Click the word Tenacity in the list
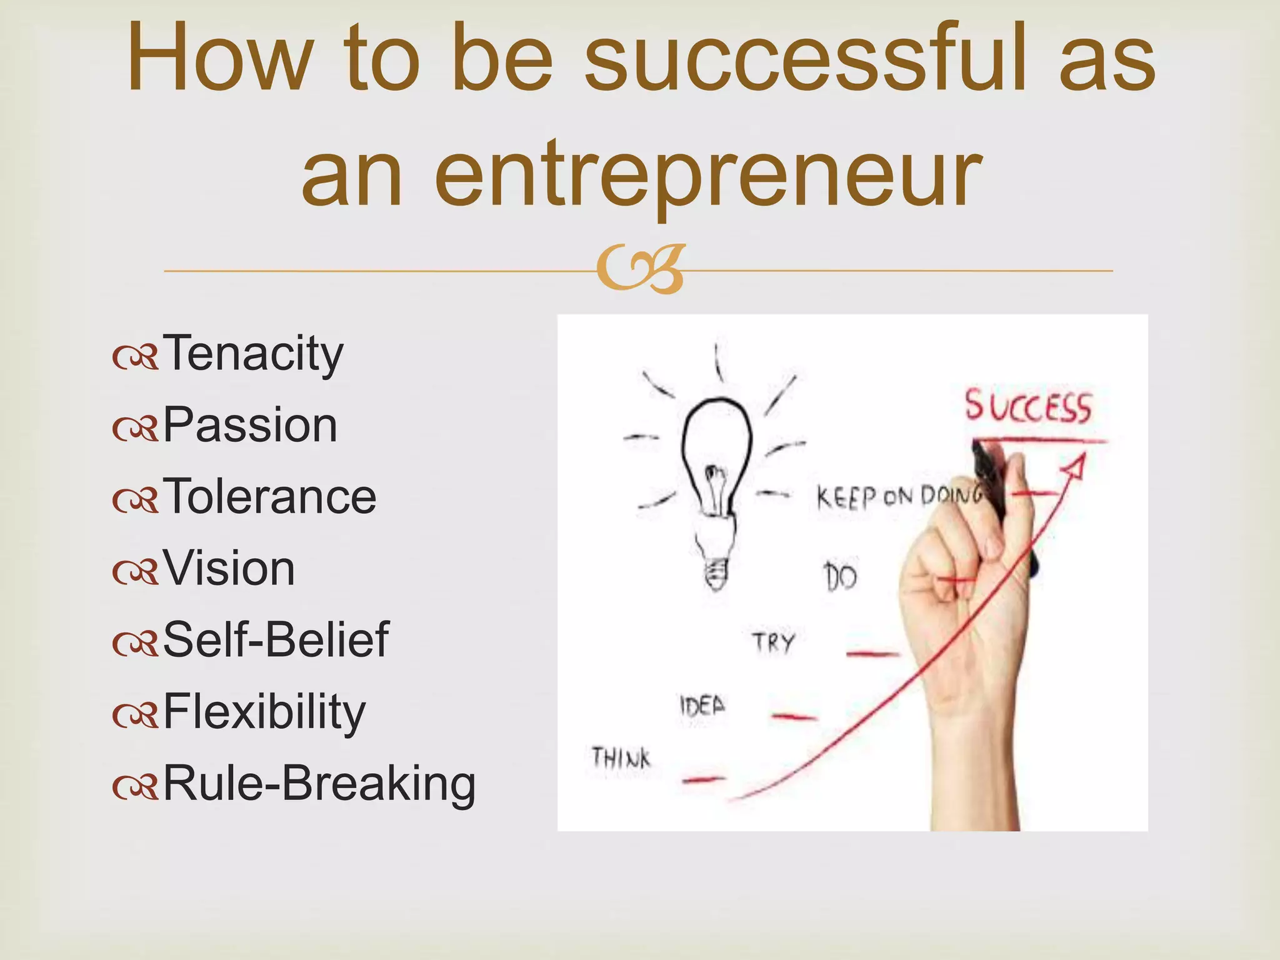coord(252,354)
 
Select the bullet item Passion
coord(250,426)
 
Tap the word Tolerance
coord(269,497)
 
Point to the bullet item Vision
coord(229,569)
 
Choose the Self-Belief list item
coord(276,640)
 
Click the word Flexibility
coord(264,712)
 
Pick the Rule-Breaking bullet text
coord(319,783)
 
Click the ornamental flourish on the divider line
coord(640,271)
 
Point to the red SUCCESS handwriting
coord(1027,407)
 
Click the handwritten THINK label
coord(621,758)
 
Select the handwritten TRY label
coord(773,642)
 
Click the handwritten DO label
coord(839,576)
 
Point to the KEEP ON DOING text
coord(897,497)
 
